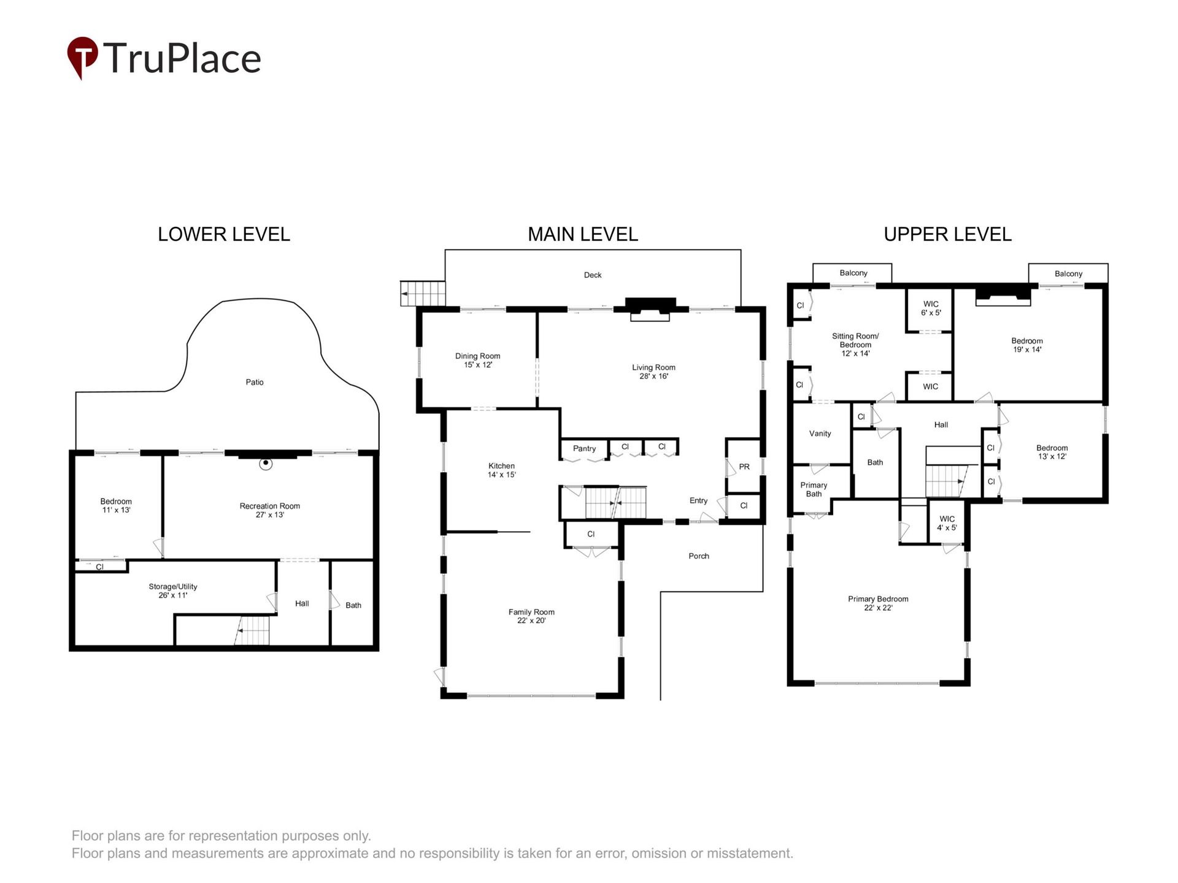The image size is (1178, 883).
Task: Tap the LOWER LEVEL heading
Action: (224, 234)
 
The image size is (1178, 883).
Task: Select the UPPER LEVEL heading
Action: (947, 234)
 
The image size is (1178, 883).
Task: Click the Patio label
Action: (255, 382)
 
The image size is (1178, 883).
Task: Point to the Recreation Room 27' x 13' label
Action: (270, 510)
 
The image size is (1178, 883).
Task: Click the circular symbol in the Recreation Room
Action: (266, 464)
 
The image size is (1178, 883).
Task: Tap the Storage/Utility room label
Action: (173, 591)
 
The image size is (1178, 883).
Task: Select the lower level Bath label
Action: (353, 605)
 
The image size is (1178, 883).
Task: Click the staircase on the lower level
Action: (252, 630)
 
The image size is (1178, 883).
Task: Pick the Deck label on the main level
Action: (593, 275)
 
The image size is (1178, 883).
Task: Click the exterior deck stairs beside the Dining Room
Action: (423, 293)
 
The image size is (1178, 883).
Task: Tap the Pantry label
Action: (585, 448)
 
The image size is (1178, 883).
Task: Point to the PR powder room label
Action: (744, 467)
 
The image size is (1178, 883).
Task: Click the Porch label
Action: (699, 556)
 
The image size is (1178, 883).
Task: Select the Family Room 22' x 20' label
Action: (531, 616)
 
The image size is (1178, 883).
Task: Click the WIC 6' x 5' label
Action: (931, 308)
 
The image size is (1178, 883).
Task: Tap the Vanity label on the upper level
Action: (820, 434)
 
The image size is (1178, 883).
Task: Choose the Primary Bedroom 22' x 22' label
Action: (878, 603)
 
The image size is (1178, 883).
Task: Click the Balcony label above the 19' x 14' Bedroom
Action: (1069, 273)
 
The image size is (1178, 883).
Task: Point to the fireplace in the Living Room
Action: (650, 309)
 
